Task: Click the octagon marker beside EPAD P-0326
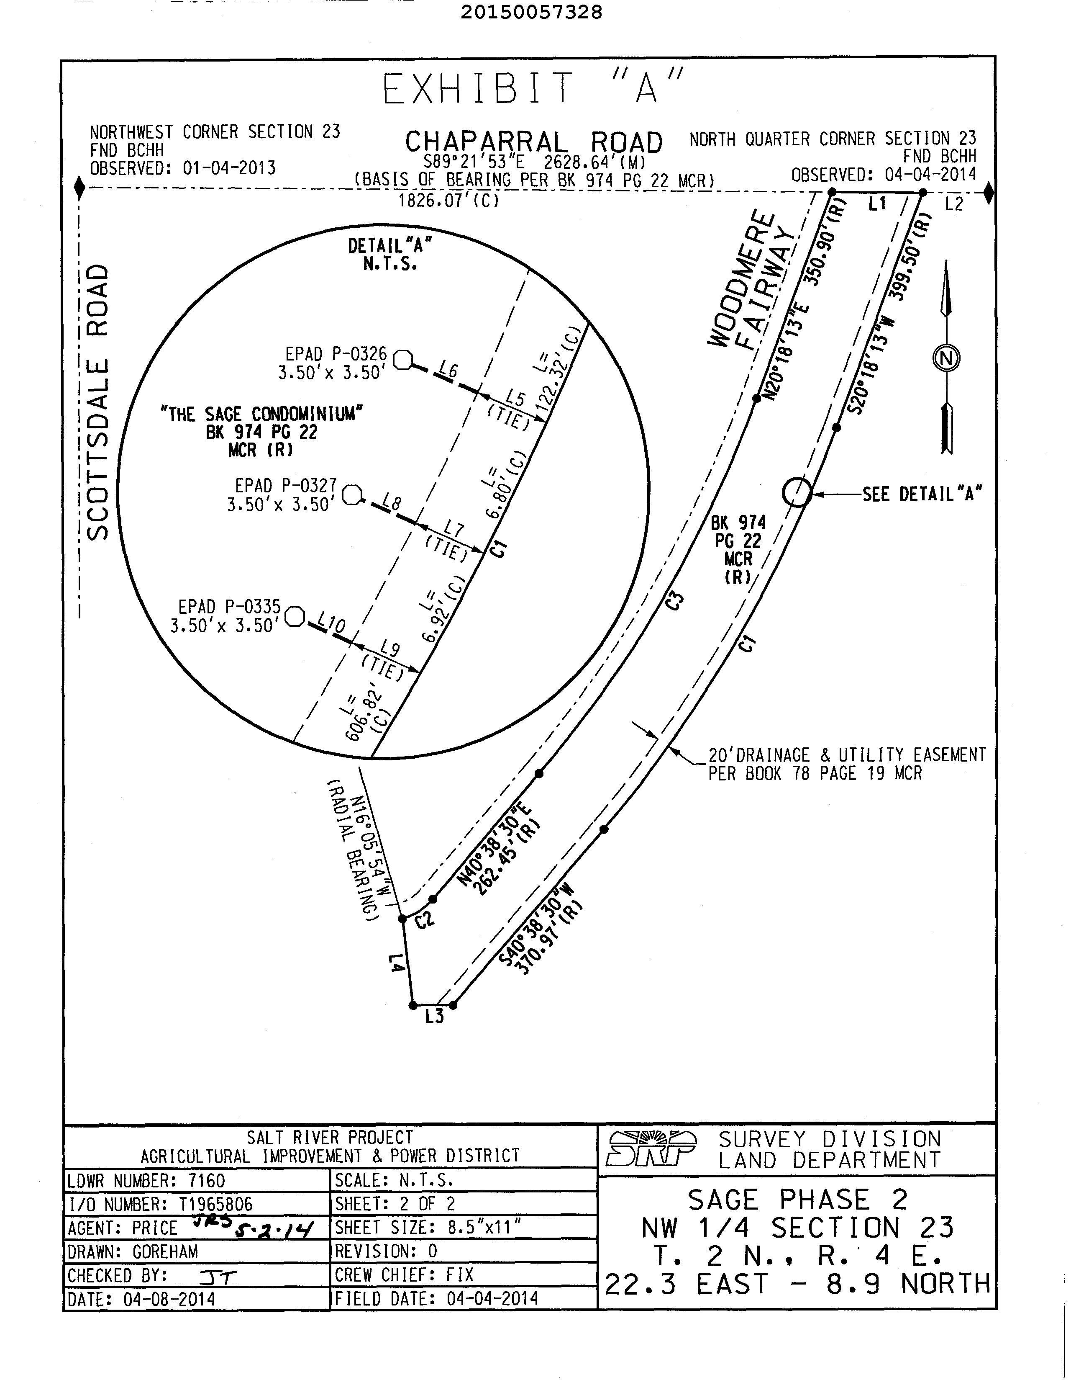pos(403,360)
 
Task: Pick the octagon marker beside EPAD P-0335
pos(295,616)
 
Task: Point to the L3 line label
pos(434,1017)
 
